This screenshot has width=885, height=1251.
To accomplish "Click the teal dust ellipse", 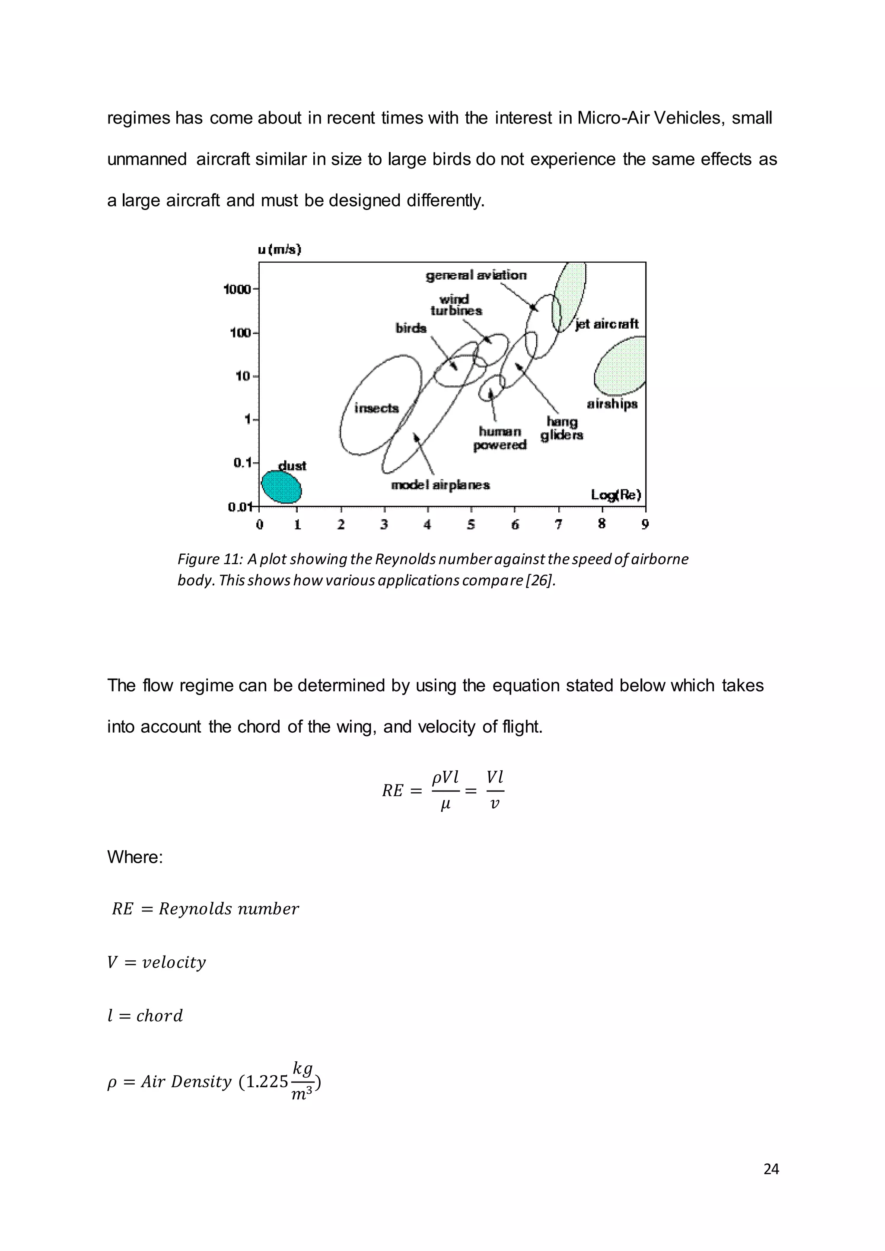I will pyautogui.click(x=281, y=486).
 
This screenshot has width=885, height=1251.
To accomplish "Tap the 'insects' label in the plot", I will pyautogui.click(x=376, y=408).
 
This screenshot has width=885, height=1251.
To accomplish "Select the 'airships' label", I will pyautogui.click(x=612, y=404).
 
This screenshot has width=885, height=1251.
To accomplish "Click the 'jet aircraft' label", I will pyautogui.click(x=607, y=324).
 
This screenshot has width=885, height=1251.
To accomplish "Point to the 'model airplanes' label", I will pyautogui.click(x=440, y=485).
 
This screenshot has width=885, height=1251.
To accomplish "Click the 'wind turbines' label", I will pyautogui.click(x=455, y=305).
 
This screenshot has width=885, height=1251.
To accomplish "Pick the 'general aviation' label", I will pyautogui.click(x=476, y=275).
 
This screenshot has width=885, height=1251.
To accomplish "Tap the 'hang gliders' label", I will pyautogui.click(x=562, y=428).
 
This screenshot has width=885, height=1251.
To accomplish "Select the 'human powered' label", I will pyautogui.click(x=500, y=438).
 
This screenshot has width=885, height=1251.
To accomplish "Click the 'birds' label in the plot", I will pyautogui.click(x=411, y=328).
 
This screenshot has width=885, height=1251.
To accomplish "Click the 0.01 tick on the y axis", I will pyautogui.click(x=240, y=507).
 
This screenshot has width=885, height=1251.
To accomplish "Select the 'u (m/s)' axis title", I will pyautogui.click(x=280, y=250).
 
